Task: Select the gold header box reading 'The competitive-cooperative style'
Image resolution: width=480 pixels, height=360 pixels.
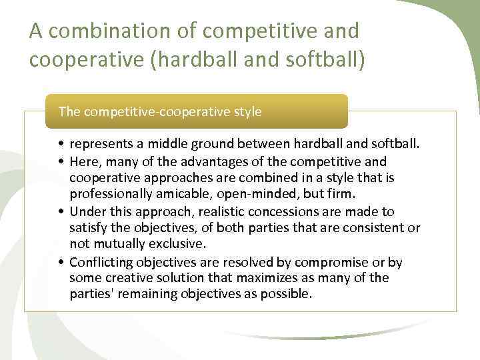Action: coord(196,111)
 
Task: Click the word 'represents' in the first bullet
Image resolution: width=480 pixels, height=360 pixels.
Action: coord(100,145)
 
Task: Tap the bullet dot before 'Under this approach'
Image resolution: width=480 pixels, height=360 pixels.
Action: coord(61,212)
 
